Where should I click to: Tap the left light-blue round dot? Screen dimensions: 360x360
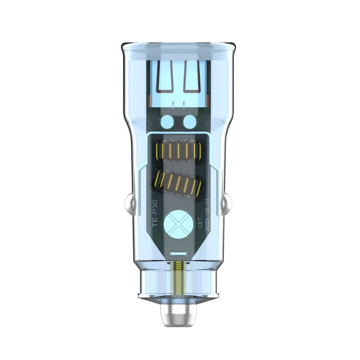[167, 121]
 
